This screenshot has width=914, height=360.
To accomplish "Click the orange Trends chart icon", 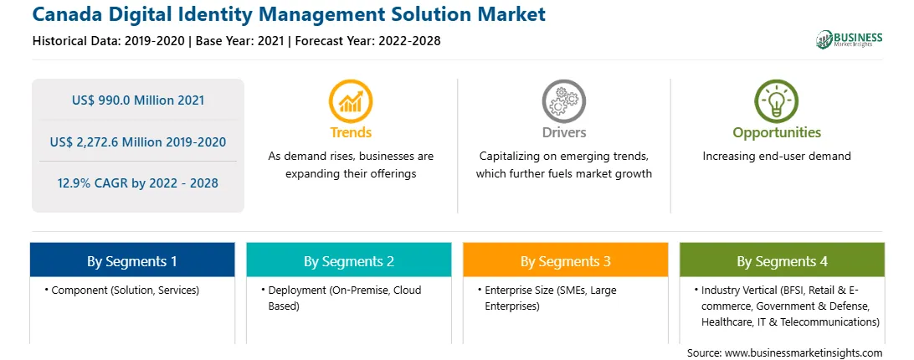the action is click(x=351, y=101).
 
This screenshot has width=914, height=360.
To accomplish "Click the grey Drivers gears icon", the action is click(x=563, y=101).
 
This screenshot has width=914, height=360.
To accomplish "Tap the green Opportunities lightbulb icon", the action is click(x=777, y=101).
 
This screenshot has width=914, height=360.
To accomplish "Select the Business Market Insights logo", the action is click(x=850, y=39).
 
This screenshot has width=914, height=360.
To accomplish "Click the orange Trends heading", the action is click(x=351, y=132).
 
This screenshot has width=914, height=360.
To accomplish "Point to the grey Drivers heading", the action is click(x=563, y=132).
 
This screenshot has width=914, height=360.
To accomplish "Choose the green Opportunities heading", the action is click(x=777, y=132).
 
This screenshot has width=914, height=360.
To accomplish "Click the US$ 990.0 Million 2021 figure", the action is click(x=138, y=100).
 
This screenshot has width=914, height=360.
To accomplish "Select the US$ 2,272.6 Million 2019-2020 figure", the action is click(x=138, y=141).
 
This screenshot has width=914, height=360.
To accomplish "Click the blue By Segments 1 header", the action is click(x=132, y=261).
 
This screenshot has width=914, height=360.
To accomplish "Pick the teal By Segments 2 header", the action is click(x=348, y=261).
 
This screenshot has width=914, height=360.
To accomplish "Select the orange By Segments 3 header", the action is click(x=566, y=261).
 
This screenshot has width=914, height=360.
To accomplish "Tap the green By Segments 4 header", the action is click(x=782, y=261).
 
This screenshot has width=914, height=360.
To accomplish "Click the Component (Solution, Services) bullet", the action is click(x=122, y=290).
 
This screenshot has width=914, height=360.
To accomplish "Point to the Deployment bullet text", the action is click(x=345, y=297).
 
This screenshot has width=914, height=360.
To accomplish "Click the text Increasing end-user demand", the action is click(x=777, y=156).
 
